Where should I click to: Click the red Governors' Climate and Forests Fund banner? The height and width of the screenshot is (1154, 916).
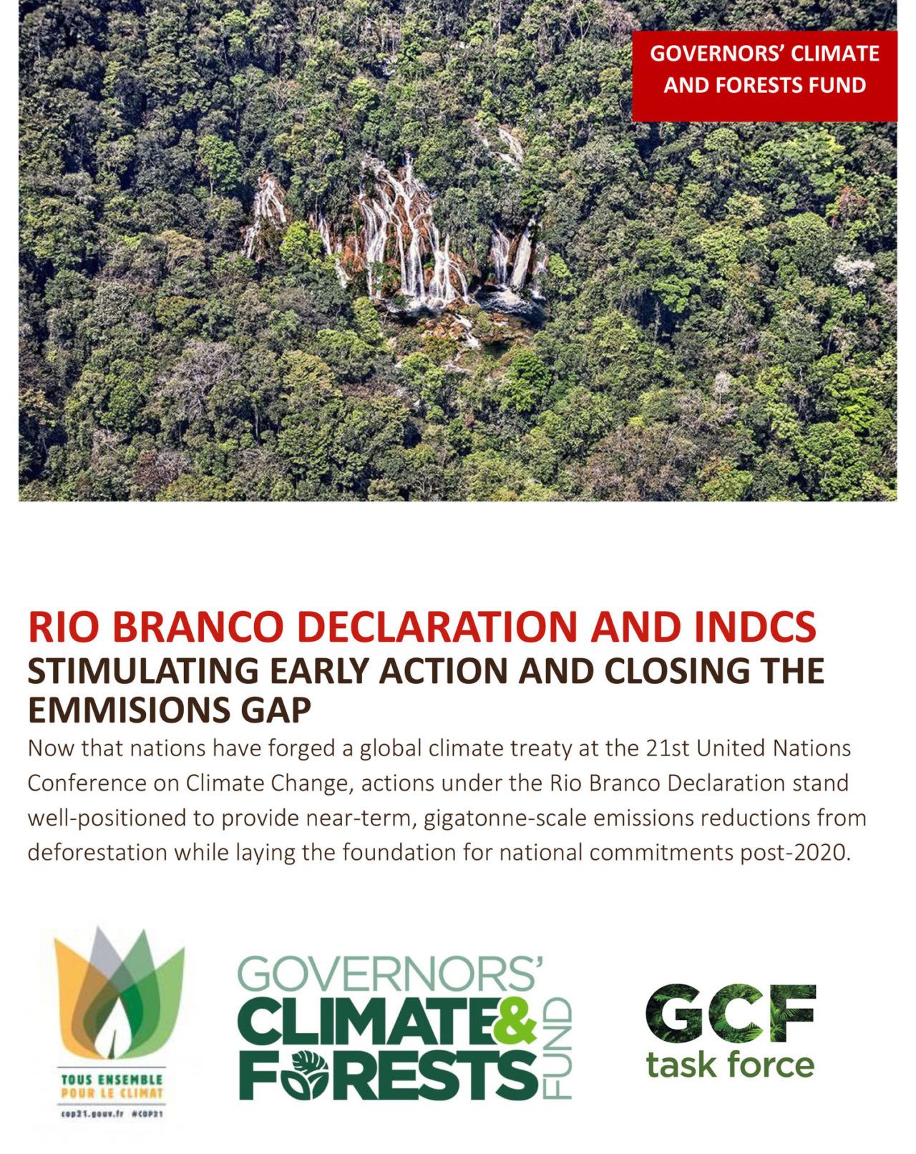tap(764, 76)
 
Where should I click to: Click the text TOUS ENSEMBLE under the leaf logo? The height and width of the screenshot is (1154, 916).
tap(112, 1079)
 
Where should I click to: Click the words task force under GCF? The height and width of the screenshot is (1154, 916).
tap(730, 1065)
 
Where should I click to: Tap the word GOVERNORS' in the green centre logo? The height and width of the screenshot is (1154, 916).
tap(390, 974)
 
